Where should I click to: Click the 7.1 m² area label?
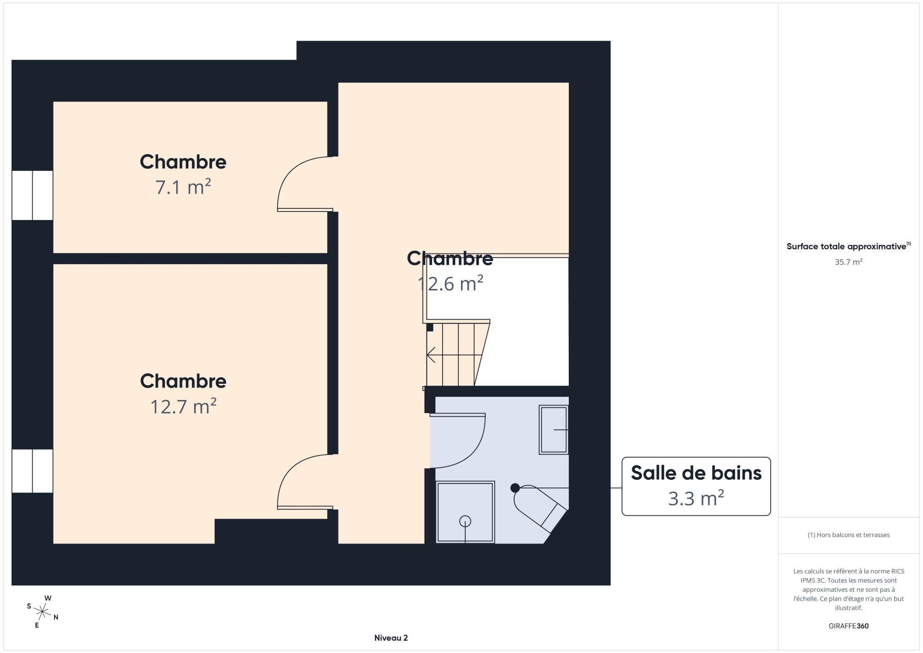click(x=183, y=187)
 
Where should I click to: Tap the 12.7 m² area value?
click(x=183, y=406)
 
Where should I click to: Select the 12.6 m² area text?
click(x=450, y=284)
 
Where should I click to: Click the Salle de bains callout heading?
click(x=696, y=473)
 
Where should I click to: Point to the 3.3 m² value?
click(x=696, y=498)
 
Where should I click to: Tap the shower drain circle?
click(x=465, y=521)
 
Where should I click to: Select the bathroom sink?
click(x=553, y=430)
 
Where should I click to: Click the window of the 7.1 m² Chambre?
click(x=32, y=195)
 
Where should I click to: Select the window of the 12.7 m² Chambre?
click(x=32, y=471)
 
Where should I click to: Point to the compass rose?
click(x=42, y=612)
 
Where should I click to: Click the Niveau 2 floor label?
click(x=391, y=638)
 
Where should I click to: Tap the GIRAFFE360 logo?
click(x=849, y=626)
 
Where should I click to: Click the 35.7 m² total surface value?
click(x=849, y=262)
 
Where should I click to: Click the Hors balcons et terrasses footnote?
click(x=849, y=535)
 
